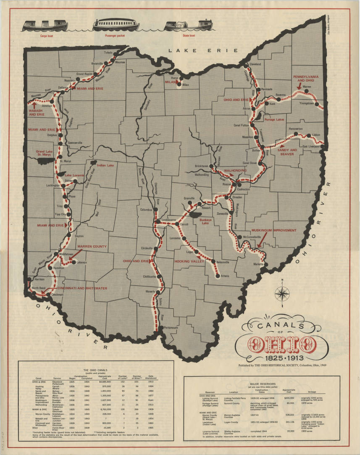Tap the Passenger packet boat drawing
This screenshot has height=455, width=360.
116,25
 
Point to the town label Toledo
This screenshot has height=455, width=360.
108,53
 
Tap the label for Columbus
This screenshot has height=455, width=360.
146,210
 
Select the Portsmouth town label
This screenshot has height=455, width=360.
171,327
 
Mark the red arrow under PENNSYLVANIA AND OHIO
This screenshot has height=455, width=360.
299,86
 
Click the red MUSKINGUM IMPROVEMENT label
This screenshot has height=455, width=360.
273,230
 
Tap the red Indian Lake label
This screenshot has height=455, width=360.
105,165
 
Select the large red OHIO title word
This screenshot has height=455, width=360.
282,345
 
